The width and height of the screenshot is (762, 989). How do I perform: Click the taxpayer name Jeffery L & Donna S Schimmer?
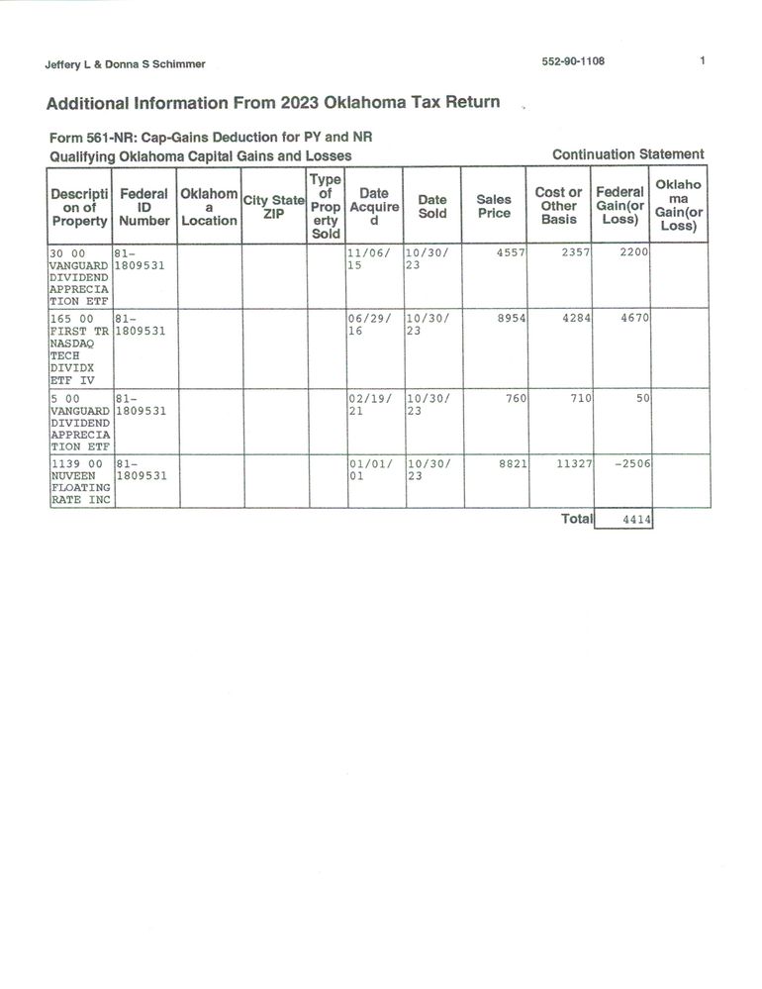pyautogui.click(x=125, y=64)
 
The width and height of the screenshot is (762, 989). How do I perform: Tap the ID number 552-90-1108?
pyautogui.click(x=573, y=61)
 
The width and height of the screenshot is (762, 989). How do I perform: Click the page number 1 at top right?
pyautogui.click(x=702, y=61)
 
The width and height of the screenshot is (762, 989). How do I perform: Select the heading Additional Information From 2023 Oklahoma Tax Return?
pyautogui.click(x=272, y=102)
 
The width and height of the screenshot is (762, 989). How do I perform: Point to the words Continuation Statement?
pyautogui.click(x=628, y=154)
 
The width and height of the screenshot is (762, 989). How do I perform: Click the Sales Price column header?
pyautogui.click(x=494, y=206)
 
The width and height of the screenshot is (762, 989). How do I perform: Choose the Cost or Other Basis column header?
pyautogui.click(x=558, y=206)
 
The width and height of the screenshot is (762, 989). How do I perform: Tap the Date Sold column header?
pyautogui.click(x=432, y=206)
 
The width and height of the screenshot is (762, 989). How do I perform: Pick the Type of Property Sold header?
pyautogui.click(x=325, y=206)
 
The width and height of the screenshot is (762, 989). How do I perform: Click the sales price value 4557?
pyautogui.click(x=510, y=252)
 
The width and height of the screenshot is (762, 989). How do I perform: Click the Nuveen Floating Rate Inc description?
pyautogui.click(x=79, y=481)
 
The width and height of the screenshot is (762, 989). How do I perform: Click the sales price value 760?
pyautogui.click(x=516, y=398)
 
